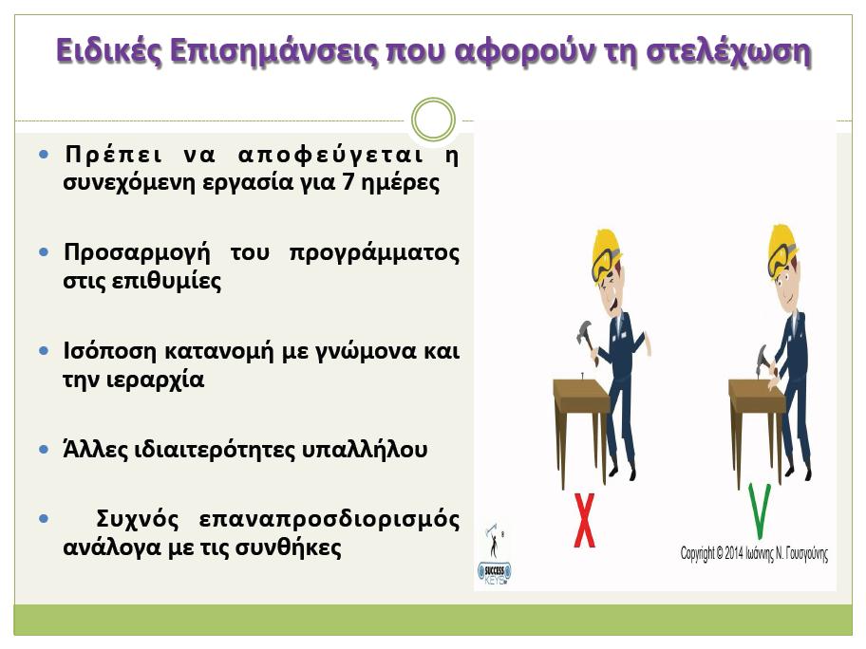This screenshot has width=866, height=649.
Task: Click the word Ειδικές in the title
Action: pos(109,51)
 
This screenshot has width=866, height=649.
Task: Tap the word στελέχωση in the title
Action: pos(728,52)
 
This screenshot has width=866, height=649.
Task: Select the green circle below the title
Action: pos(434,120)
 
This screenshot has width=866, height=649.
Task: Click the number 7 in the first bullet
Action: pos(348,181)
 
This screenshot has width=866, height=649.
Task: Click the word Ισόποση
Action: pos(109,350)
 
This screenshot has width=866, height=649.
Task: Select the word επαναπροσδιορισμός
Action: pos(329,520)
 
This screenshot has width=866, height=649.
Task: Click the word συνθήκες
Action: pos(289,548)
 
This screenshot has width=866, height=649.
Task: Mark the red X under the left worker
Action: pos(585,520)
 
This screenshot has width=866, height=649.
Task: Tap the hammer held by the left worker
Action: pos(587,341)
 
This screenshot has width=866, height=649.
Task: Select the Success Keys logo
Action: pos(494,556)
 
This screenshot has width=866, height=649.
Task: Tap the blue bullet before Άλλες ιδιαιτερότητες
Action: pos(45,449)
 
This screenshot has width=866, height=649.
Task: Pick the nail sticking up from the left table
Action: pos(582,377)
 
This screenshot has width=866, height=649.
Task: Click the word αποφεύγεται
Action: pos(330,156)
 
